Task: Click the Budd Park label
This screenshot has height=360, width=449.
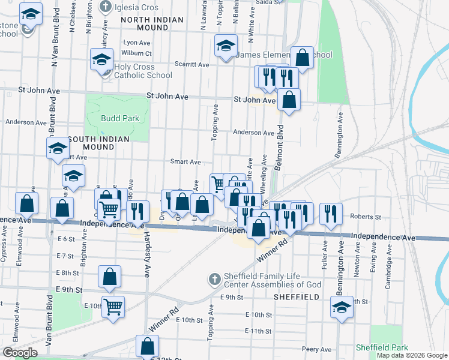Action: point(120,118)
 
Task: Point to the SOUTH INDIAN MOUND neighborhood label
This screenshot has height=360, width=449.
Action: point(99,143)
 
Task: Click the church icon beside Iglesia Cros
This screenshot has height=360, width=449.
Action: point(106,7)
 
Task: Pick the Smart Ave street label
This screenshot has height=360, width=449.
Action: point(185,162)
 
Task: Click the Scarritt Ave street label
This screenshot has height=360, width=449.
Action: point(191,65)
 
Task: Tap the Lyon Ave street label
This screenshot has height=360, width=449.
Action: point(136,43)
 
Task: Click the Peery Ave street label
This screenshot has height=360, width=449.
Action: point(317,349)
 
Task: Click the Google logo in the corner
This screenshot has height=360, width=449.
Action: point(20,353)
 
